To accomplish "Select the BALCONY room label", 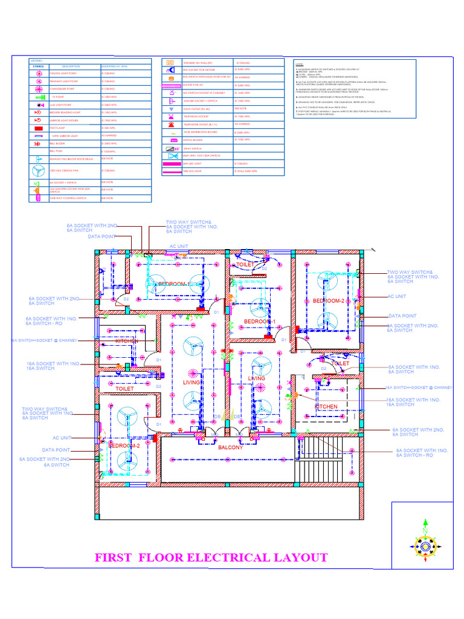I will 230,448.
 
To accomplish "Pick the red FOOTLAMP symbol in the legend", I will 37,128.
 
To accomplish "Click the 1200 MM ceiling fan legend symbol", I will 37,170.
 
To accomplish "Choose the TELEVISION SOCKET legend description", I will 196,116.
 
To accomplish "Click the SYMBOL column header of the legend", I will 37,66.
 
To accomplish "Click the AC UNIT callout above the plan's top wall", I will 179,247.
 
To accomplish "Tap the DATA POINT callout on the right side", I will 402,316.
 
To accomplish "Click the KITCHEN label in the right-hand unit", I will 326,407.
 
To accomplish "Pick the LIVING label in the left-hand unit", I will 192,383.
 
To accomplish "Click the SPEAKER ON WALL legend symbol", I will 171,62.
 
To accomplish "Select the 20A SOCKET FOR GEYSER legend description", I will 198,70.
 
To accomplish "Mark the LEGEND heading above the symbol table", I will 36,60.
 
